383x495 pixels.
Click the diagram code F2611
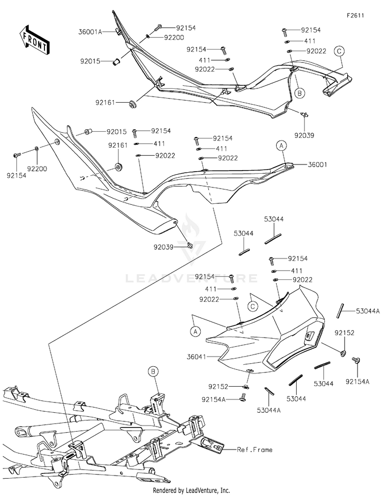(x=355, y=15)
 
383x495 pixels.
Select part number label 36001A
(x=90, y=32)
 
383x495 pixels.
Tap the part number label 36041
(x=196, y=357)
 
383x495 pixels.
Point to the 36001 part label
(x=317, y=164)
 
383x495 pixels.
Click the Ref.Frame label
(x=255, y=449)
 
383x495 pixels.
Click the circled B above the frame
(x=153, y=372)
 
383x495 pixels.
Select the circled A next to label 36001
(x=282, y=146)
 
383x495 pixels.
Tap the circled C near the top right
(x=339, y=51)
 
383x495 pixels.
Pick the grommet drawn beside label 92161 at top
(x=132, y=104)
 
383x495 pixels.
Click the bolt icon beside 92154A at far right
(x=357, y=361)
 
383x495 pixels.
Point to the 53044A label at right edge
(x=368, y=311)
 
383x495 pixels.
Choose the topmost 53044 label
(x=274, y=219)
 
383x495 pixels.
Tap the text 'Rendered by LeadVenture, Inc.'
(x=192, y=490)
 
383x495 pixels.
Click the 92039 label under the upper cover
(x=304, y=135)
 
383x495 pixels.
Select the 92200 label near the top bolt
(x=174, y=37)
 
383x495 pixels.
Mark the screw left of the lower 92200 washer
(x=17, y=155)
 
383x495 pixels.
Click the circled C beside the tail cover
(x=252, y=306)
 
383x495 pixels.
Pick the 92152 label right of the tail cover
(x=345, y=333)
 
